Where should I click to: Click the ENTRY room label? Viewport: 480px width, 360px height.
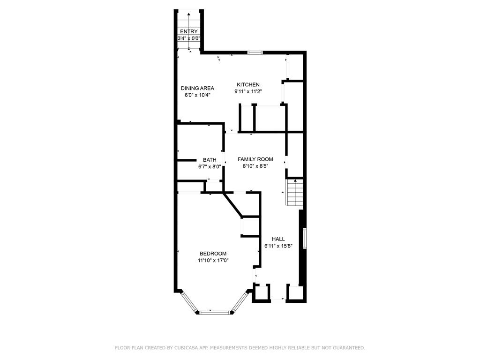coord(189,31)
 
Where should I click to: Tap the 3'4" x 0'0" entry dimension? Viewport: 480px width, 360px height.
coord(189,38)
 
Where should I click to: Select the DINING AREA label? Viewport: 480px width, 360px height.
coord(197,88)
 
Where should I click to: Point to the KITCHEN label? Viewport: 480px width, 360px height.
coord(248,84)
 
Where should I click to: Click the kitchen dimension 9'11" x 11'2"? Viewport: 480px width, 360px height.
coord(248,91)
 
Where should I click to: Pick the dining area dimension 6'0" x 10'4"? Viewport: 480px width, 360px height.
coord(197,95)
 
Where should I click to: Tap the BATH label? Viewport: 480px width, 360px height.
coord(210,160)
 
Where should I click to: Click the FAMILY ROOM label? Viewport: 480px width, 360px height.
coord(255,159)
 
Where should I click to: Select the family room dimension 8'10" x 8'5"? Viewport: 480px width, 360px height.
coord(255,166)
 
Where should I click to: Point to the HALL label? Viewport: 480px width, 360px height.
coord(278,239)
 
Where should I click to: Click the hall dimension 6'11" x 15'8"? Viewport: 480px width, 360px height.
coord(278,246)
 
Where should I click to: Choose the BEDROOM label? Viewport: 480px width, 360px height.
coord(213,254)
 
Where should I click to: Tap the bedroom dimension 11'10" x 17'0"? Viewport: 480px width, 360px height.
coord(213,261)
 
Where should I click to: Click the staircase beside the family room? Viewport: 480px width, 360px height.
coord(294,192)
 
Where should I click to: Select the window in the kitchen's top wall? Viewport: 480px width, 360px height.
coord(255,52)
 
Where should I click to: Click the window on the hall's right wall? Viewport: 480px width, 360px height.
coord(305,239)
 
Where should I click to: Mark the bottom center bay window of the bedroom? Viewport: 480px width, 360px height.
coord(214,313)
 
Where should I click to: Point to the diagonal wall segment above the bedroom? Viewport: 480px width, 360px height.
coord(233,204)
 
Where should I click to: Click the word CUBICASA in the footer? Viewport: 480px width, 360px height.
coord(186,348)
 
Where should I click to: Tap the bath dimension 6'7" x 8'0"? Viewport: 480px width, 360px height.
coord(210,167)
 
